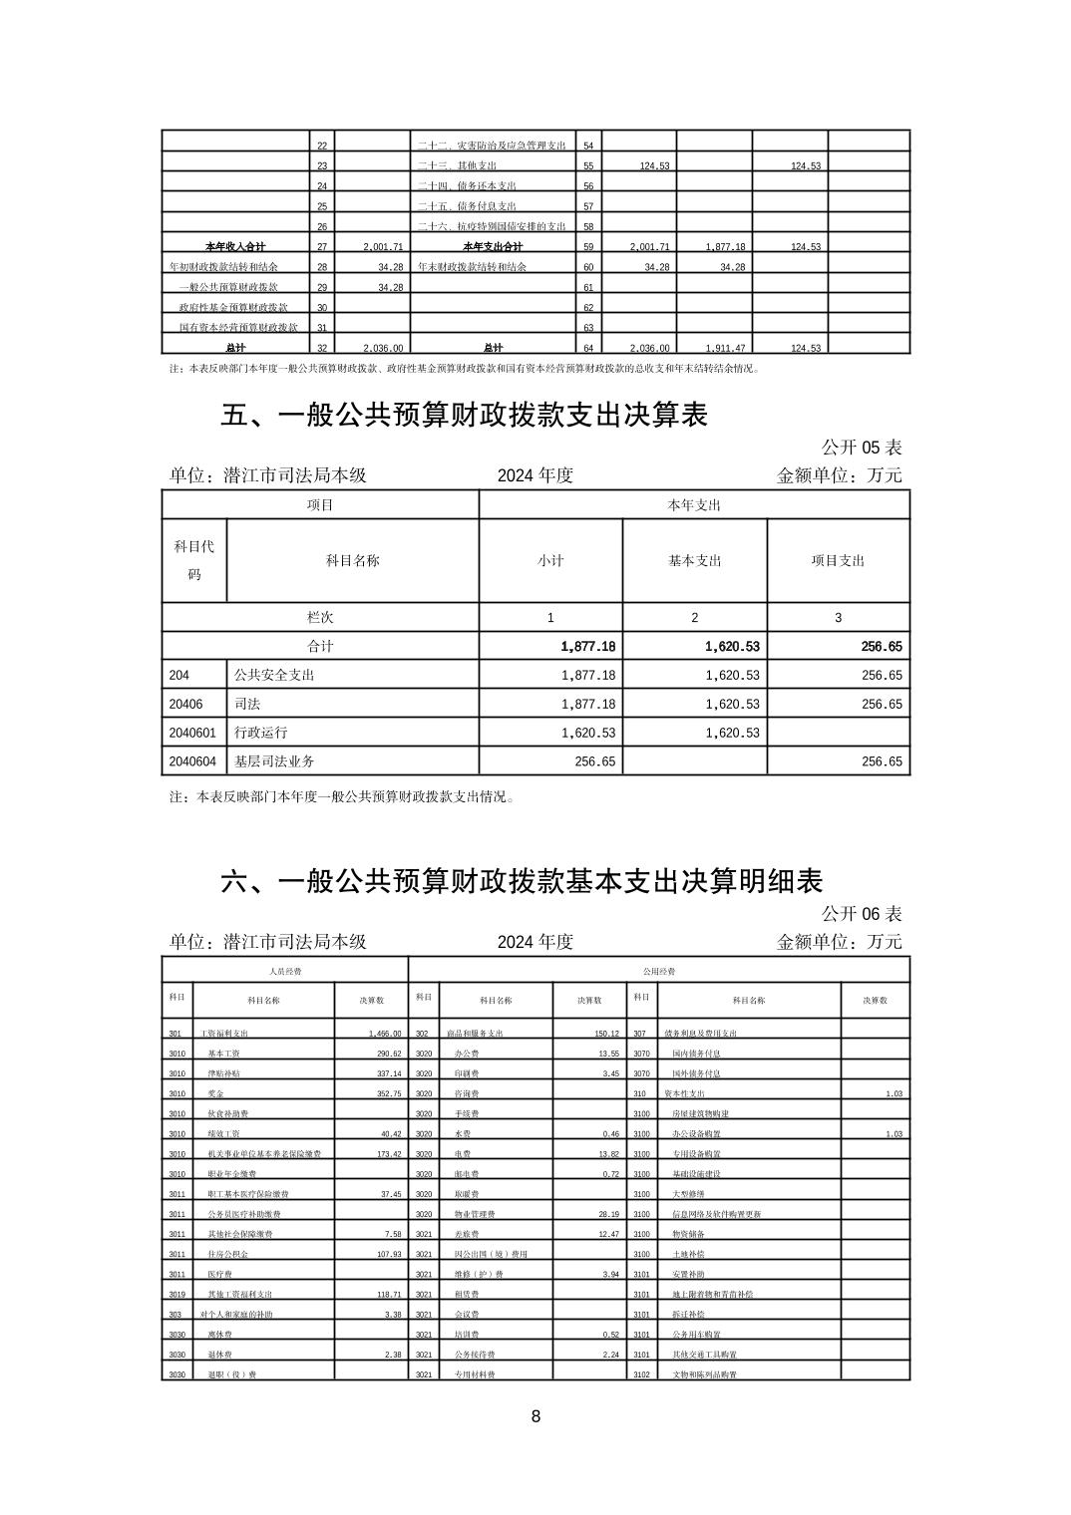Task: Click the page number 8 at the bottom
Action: [535, 1416]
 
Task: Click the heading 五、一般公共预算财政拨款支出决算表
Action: [464, 415]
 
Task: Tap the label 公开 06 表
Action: [861, 913]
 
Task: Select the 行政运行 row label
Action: [260, 733]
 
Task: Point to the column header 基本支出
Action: [694, 561]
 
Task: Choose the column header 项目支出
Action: [838, 561]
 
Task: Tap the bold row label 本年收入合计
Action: [235, 246]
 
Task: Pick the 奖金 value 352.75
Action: [385, 1093]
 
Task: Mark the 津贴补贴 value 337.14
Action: [385, 1073]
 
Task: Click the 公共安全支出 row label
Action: [274, 675]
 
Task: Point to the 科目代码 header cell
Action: [194, 560]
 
